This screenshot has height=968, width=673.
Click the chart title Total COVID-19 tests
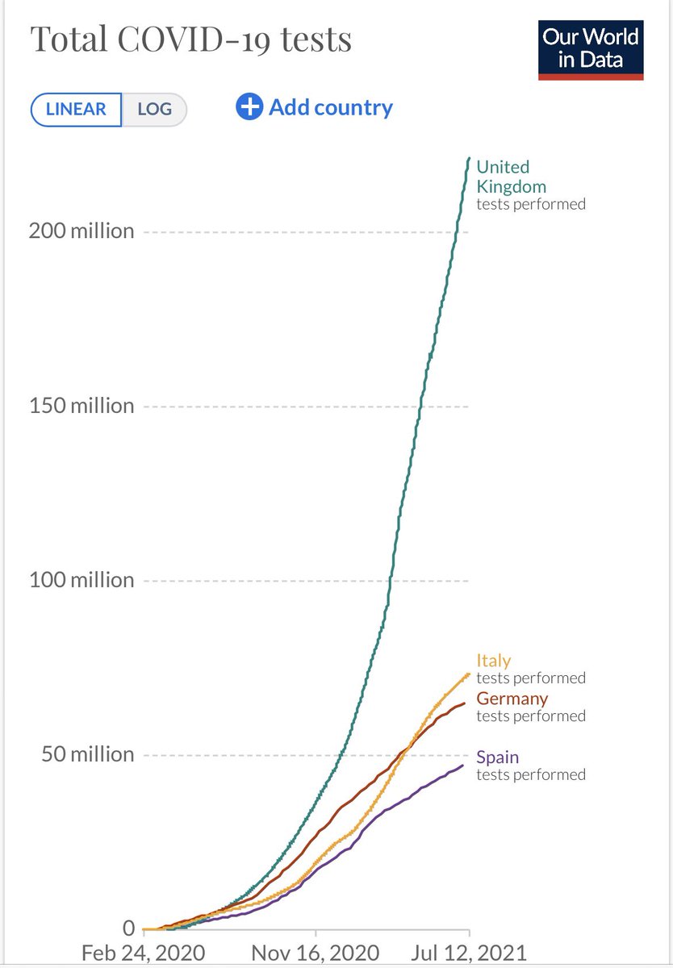tap(190, 40)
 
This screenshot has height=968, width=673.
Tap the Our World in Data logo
tap(591, 50)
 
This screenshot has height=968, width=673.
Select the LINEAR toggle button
tap(76, 110)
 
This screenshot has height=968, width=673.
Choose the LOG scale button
tap(154, 110)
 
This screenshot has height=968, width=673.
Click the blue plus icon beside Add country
tap(249, 107)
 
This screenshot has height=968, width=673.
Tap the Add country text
tap(331, 107)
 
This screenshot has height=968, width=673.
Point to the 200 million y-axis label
tap(82, 232)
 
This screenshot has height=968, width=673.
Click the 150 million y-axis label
tap(82, 406)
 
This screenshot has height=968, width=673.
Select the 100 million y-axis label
tap(82, 580)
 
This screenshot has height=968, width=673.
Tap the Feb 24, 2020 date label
tap(142, 952)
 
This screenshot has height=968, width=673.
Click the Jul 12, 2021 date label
tap(467, 952)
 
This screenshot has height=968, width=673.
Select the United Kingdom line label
tap(511, 177)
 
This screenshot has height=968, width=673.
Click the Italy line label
tap(493, 661)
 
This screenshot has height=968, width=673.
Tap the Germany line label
tap(512, 699)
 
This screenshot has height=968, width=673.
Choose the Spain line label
tap(497, 757)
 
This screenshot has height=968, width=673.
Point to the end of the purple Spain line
tap(463, 765)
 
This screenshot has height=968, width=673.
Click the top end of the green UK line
tap(469, 159)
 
